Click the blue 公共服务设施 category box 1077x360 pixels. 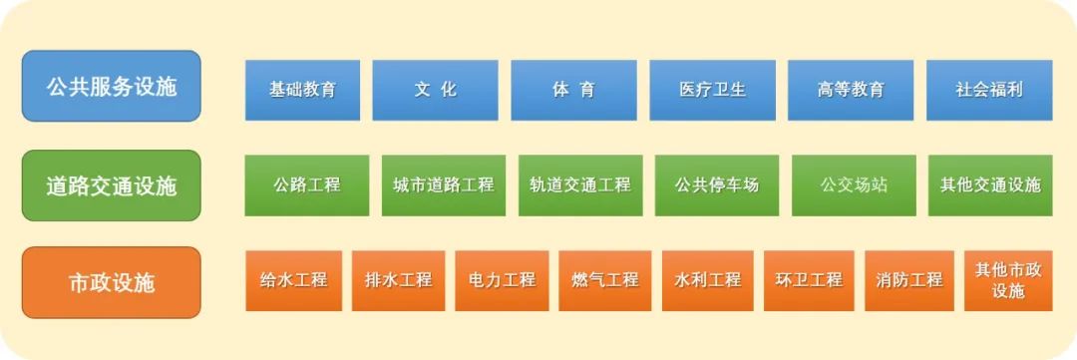112,86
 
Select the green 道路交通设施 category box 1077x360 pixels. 112,185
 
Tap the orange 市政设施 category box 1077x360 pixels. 112,282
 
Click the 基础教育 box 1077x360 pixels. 302,90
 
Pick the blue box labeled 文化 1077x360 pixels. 436,90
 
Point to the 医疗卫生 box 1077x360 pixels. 712,90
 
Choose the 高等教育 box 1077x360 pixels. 851,90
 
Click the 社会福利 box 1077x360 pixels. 989,90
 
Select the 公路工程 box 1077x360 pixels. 307,185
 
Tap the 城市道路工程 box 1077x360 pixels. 444,185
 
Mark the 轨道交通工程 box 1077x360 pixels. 580,185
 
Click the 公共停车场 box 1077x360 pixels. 717,185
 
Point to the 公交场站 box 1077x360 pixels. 854,185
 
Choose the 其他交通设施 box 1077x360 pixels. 990,185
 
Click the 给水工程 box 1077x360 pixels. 293,281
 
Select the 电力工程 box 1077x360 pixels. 502,281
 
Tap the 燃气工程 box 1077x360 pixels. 605,281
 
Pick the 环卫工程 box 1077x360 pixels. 809,281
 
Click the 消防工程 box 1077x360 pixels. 909,281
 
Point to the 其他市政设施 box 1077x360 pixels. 1008,281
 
